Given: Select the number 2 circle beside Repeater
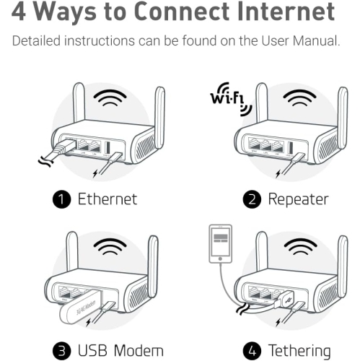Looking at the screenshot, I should [253, 199].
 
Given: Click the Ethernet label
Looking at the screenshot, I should [107, 199].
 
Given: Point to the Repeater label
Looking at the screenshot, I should [298, 199].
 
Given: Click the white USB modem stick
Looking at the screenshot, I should [74, 307].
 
